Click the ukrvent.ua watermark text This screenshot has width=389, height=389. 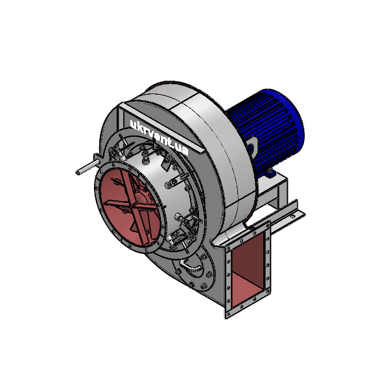[x=159, y=137]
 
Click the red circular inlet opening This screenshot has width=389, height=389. [x=126, y=207]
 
